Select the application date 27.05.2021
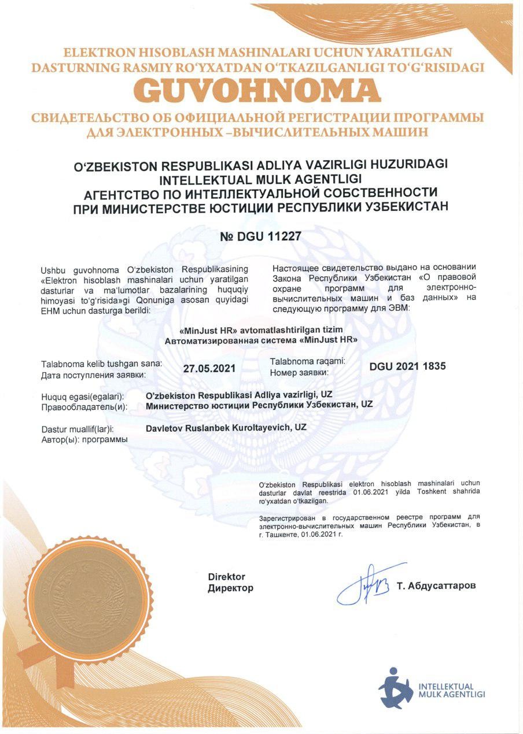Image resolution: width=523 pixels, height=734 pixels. click(x=209, y=368)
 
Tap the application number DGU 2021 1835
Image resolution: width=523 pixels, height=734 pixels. click(x=407, y=366)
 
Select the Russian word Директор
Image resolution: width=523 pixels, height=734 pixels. click(x=230, y=588)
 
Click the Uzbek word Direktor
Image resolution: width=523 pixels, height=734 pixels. click(x=227, y=577)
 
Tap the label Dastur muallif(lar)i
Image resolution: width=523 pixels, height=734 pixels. click(x=78, y=429)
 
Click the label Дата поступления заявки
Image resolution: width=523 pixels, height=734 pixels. click(x=93, y=375)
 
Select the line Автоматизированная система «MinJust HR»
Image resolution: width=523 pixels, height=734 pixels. click(x=261, y=341)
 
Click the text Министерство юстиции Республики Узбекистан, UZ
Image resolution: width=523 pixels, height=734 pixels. click(x=260, y=405)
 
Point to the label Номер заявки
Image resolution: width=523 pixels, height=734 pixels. click(x=299, y=372)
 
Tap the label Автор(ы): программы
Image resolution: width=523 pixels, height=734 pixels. click(x=84, y=440)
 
